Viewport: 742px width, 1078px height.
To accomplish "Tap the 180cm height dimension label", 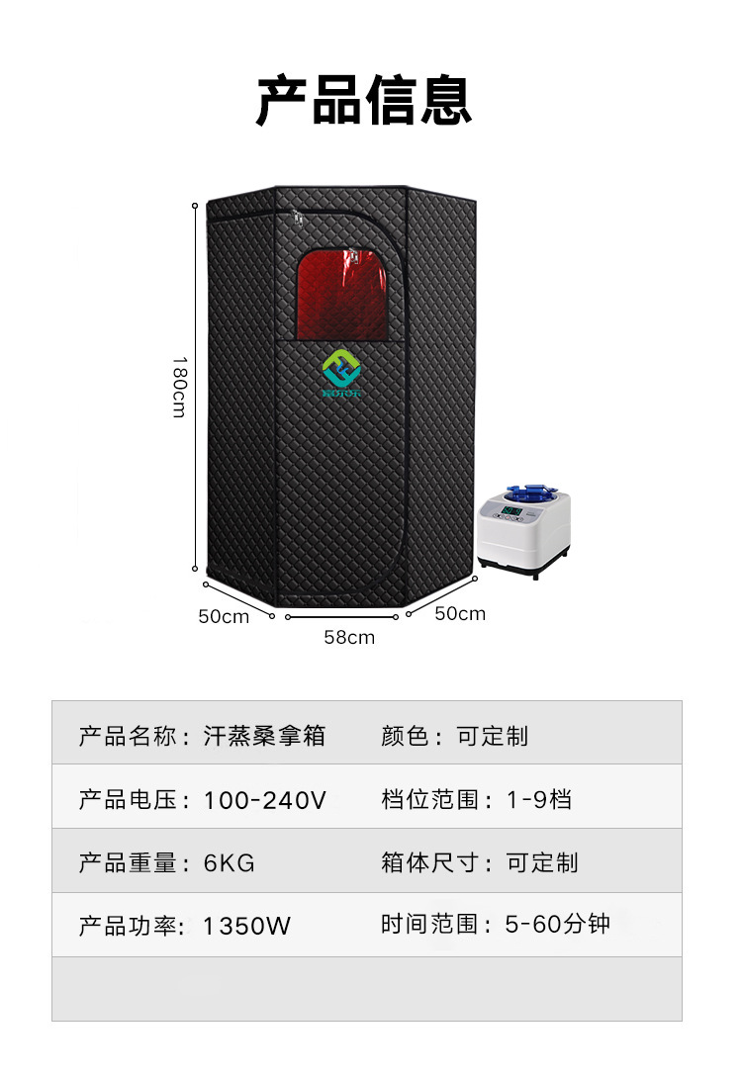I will [179, 387].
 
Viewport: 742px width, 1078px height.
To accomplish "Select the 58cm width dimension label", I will [349, 637].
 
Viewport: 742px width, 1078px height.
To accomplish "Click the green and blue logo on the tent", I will [342, 375].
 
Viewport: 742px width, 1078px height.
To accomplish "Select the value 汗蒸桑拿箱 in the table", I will [264, 736].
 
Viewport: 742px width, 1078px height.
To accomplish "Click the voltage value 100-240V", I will [264, 800].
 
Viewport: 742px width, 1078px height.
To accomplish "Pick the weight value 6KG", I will [230, 863].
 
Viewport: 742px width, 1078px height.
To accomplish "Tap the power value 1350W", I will [247, 927].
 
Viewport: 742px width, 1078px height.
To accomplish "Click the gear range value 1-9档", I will [539, 799].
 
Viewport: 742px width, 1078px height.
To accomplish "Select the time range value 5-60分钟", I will [557, 925].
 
